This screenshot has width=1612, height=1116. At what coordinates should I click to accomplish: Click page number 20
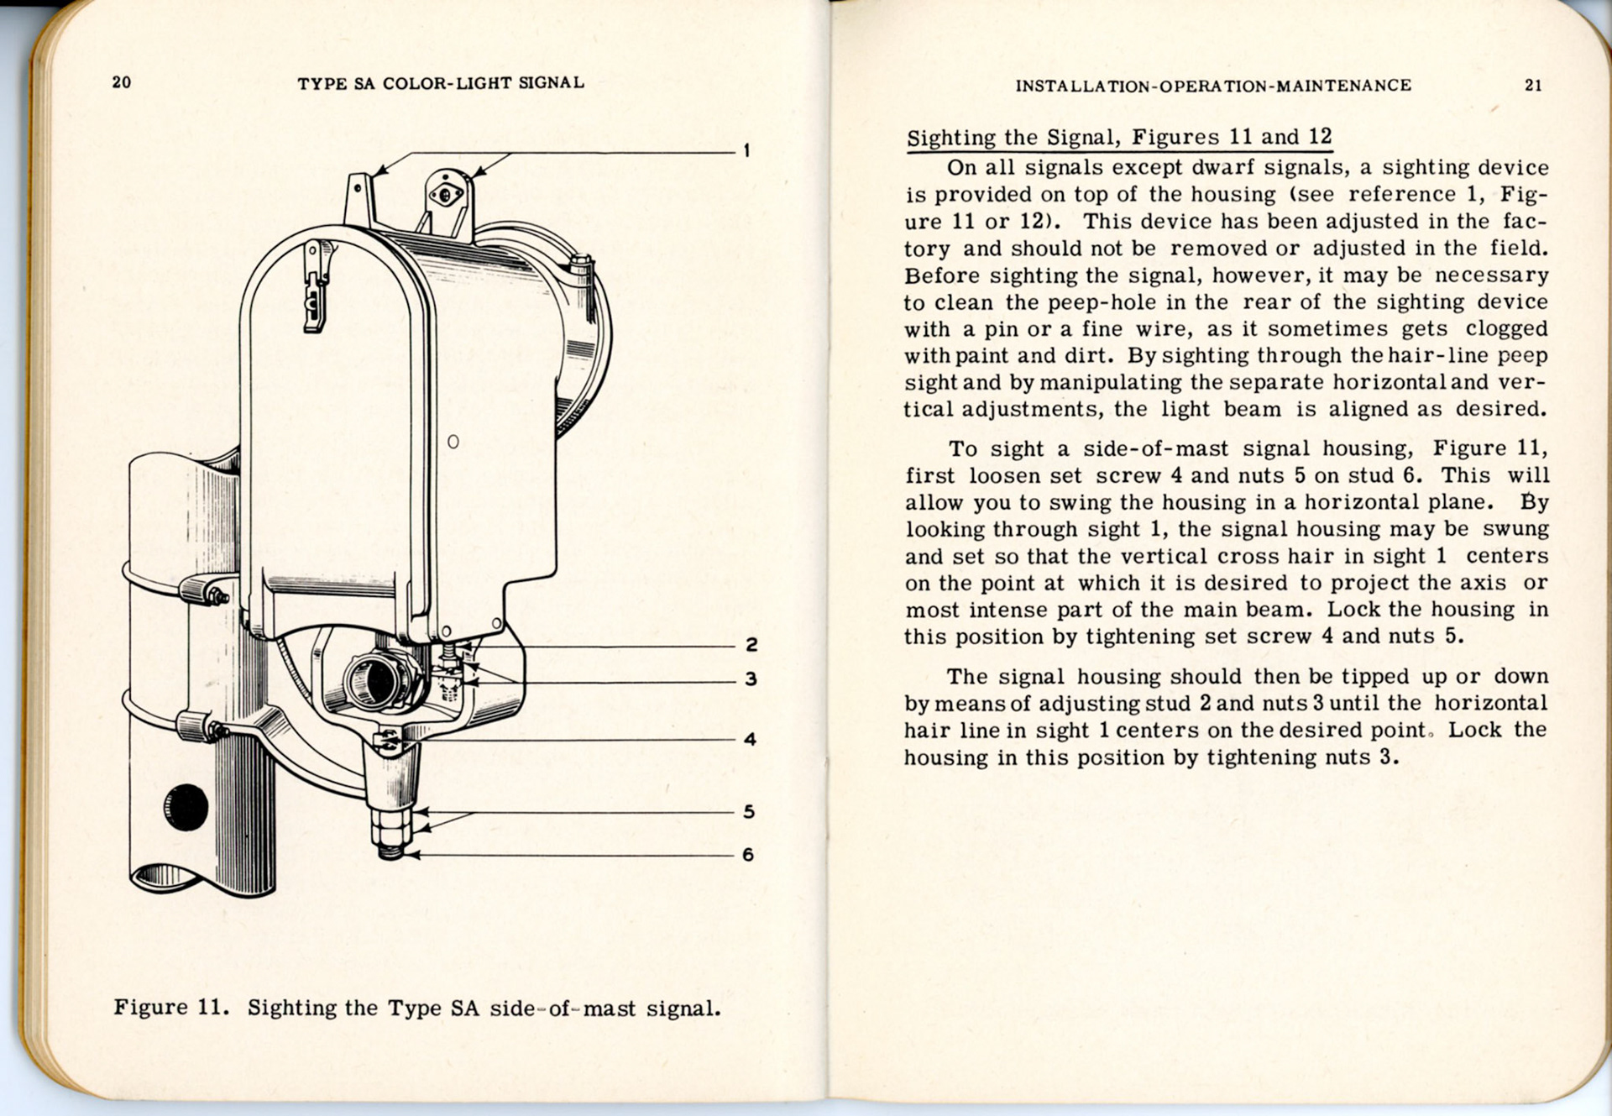click(x=122, y=82)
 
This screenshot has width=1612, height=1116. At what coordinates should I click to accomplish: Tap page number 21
click(x=1533, y=86)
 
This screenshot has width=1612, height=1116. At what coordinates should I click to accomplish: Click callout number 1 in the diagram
click(x=746, y=151)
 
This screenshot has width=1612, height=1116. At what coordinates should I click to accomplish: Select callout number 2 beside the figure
click(x=751, y=645)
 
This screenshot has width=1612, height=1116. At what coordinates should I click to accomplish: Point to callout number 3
click(x=751, y=679)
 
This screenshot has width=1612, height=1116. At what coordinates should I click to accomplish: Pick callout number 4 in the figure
click(x=751, y=739)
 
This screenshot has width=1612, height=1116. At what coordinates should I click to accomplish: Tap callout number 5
click(x=749, y=811)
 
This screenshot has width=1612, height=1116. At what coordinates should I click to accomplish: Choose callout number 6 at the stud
click(x=748, y=855)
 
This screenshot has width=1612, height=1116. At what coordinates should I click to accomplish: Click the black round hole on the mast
click(x=186, y=807)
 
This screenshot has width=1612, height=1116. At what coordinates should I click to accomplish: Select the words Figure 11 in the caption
click(x=170, y=1007)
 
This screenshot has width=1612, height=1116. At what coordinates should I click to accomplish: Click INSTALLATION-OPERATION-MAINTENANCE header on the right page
click(x=1213, y=86)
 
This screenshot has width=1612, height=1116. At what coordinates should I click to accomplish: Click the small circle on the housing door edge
click(x=453, y=442)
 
